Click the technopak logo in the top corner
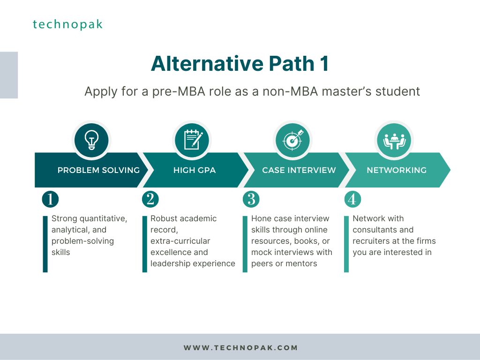tap(67, 24)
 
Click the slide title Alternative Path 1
tap(240, 64)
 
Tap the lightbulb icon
tap(91, 140)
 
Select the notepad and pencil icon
tap(193, 140)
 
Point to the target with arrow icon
tap(293, 140)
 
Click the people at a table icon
tap(394, 141)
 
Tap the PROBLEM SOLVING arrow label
tap(98, 170)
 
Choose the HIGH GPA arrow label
tap(195, 170)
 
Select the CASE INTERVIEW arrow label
tap(299, 170)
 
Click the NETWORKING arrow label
tap(397, 170)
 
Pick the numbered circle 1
tap(50, 199)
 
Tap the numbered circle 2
tap(150, 199)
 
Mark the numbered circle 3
tap(251, 199)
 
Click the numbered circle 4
tap(352, 199)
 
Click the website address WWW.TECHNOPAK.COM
tap(240, 348)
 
